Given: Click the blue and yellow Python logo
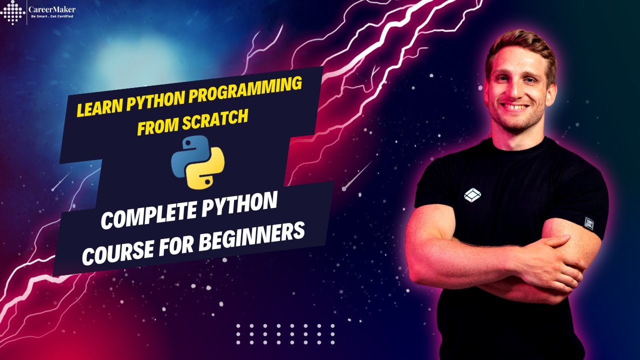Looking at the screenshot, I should (x=198, y=162).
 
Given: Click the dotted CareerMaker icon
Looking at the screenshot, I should (x=13, y=12).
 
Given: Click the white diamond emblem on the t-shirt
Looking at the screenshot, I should (x=472, y=195).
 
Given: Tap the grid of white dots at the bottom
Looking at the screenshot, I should (x=285, y=334).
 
